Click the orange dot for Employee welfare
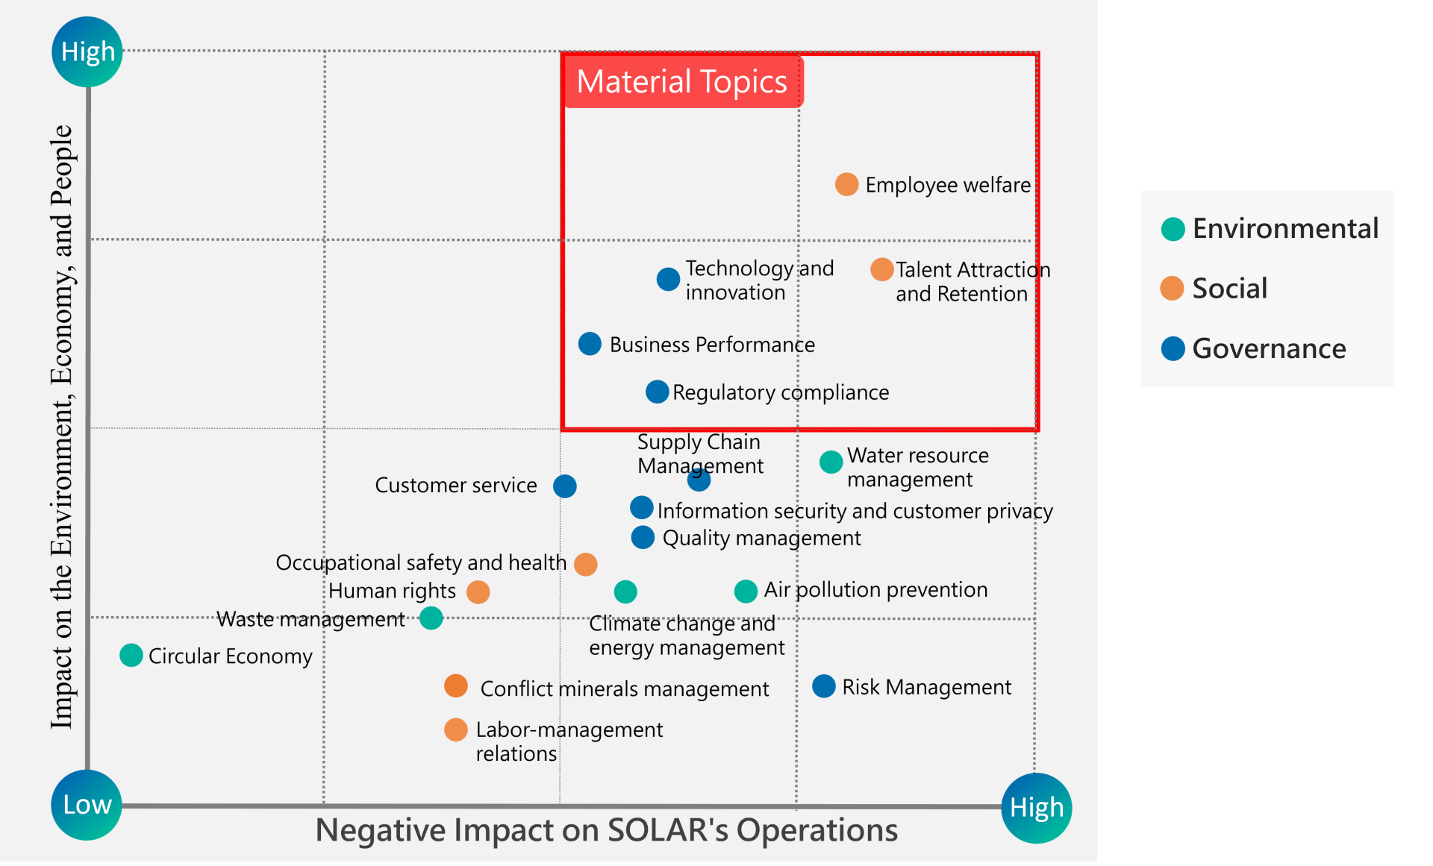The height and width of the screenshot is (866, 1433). [x=846, y=184]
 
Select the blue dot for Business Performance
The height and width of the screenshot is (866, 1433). [x=590, y=344]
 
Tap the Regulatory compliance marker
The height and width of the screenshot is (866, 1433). [x=657, y=392]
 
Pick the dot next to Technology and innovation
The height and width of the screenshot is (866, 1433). [x=668, y=279]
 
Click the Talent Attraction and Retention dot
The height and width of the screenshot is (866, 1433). [x=881, y=269]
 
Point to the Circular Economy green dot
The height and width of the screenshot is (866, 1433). [x=131, y=656]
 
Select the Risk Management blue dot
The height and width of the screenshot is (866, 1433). [x=823, y=686]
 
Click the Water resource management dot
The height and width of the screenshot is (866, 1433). [x=831, y=462]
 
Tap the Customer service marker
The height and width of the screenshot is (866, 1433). [x=565, y=486]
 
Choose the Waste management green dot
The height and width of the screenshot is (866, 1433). [x=431, y=618]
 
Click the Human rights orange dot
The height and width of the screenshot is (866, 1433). [x=478, y=592]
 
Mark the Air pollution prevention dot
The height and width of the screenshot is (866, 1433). [x=746, y=592]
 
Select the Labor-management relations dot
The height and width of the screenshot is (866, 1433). [x=455, y=729]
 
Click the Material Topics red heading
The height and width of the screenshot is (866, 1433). [x=682, y=81]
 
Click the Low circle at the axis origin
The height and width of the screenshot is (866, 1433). [x=87, y=805]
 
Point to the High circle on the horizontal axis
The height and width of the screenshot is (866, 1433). [x=1036, y=808]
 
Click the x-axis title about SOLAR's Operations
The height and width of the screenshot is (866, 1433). [x=606, y=830]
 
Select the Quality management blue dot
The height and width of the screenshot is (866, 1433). [x=643, y=537]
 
